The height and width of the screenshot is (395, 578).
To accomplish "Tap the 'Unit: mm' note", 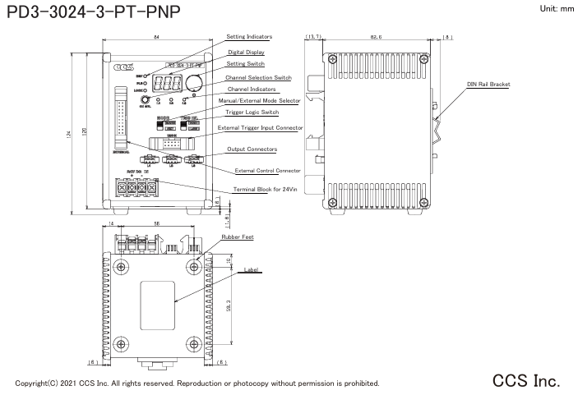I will [x=556, y=8].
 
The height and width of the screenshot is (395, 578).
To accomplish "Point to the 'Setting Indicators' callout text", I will [x=249, y=37].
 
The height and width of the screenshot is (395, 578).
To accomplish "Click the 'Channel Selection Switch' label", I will [x=258, y=77].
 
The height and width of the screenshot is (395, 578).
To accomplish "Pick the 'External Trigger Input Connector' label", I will [x=261, y=128].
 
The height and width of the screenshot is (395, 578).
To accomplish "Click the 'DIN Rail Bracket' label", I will [x=488, y=84].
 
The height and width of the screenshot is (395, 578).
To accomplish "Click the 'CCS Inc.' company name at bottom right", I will [x=526, y=381].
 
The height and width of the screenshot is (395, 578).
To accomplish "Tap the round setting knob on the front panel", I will [x=195, y=82].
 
